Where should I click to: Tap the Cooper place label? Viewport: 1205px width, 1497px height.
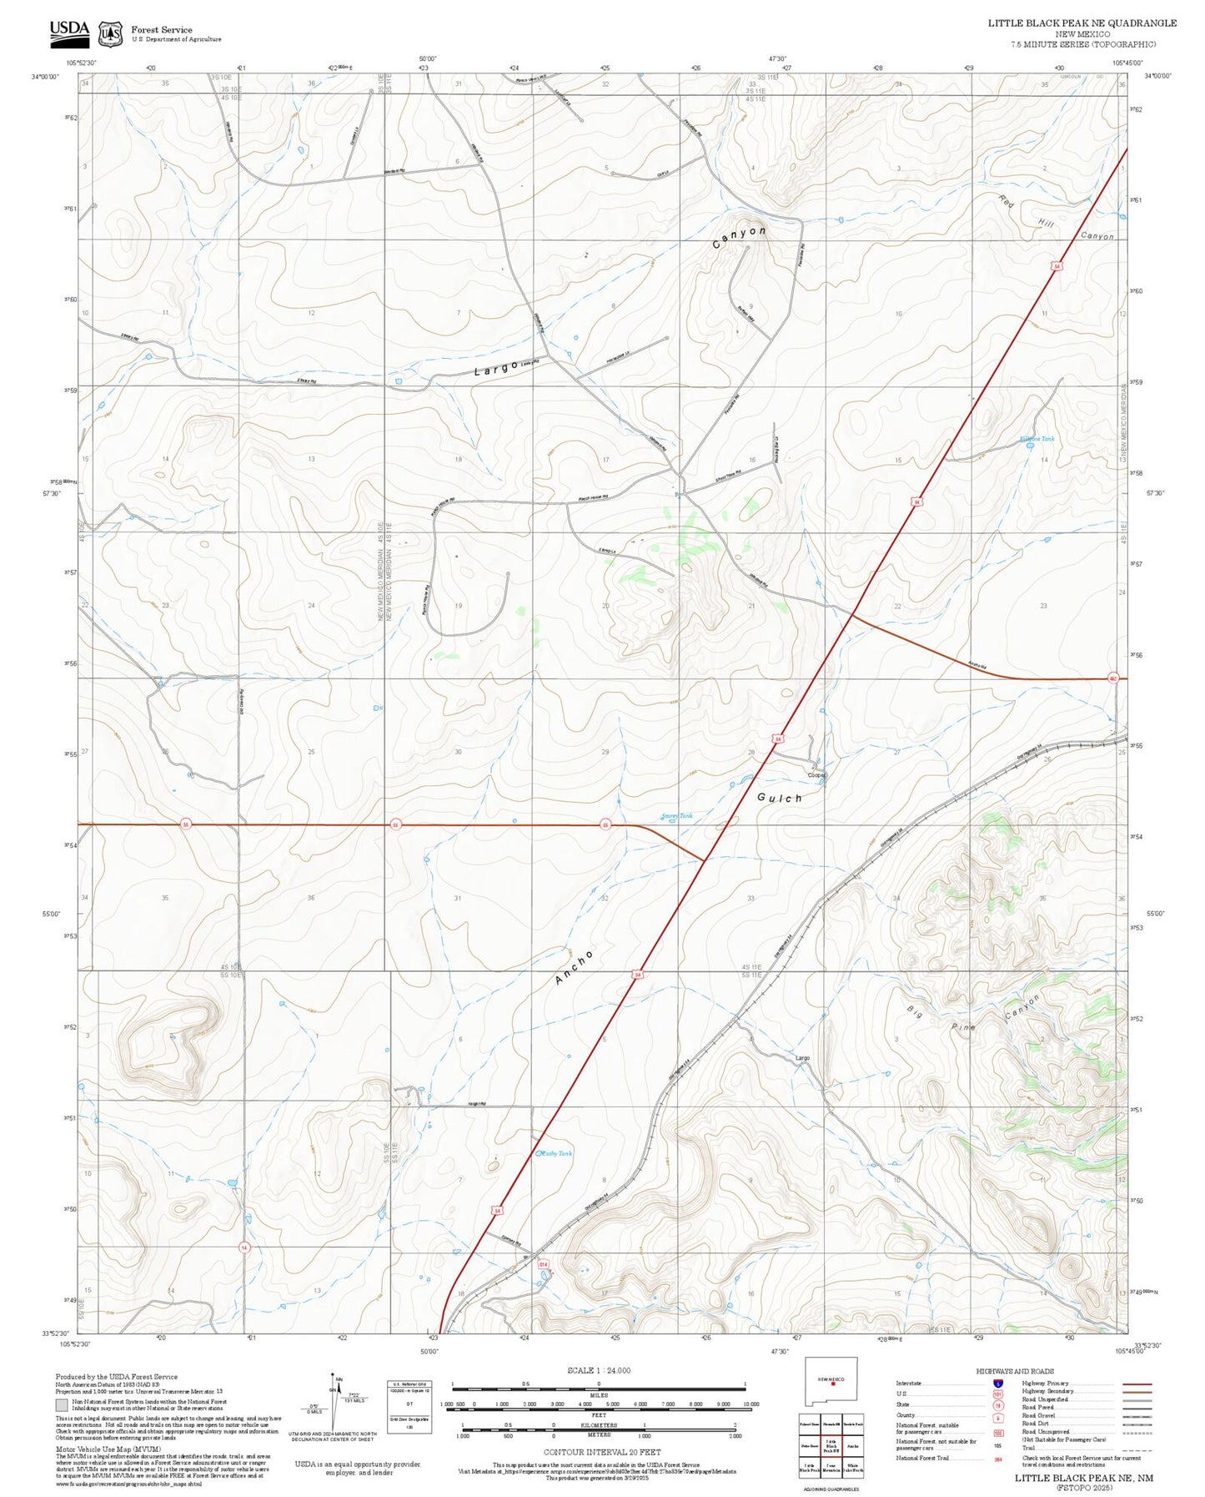point(816,775)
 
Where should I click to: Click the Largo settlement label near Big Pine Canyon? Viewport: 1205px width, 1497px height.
point(802,1058)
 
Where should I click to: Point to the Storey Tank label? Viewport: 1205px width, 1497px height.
point(676,815)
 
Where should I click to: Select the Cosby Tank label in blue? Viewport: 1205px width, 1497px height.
point(555,1153)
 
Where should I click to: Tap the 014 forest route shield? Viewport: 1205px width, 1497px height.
point(543,1264)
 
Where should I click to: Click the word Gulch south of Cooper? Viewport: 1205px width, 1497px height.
point(780,798)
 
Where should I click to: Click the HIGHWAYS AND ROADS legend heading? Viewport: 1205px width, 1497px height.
point(1014,1371)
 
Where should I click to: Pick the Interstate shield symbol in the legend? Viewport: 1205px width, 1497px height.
point(997,1383)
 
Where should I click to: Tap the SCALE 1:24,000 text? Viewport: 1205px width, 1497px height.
point(598,1370)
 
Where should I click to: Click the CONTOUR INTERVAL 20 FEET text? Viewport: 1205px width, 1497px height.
point(598,1453)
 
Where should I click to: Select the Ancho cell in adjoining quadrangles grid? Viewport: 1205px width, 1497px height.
point(851,1447)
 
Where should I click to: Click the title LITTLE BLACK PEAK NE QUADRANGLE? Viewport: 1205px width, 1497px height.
point(1082,23)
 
